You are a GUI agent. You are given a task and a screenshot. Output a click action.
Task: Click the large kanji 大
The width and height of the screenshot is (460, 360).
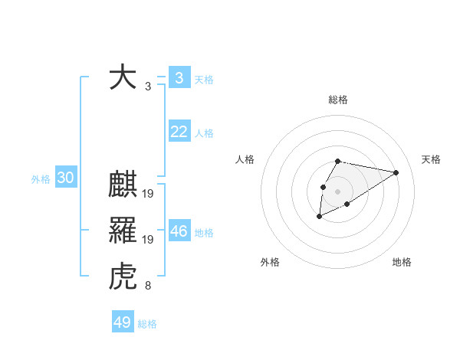(x=123, y=77)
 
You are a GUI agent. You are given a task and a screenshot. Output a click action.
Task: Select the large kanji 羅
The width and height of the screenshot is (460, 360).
(x=123, y=230)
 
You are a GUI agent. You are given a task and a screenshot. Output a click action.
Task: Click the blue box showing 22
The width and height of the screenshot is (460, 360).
(x=179, y=132)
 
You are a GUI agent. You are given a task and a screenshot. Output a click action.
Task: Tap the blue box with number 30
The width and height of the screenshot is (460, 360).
(x=65, y=178)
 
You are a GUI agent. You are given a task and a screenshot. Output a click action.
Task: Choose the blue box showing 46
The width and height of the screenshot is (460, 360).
(x=179, y=231)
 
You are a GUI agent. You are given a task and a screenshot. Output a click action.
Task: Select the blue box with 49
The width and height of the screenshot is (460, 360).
(x=123, y=322)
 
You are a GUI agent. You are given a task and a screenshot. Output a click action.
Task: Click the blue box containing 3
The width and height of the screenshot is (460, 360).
(x=179, y=77)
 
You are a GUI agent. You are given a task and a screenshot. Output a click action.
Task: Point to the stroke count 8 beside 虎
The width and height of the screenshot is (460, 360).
(x=148, y=286)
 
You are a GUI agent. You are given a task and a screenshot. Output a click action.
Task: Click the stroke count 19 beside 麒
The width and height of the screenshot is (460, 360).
(x=148, y=193)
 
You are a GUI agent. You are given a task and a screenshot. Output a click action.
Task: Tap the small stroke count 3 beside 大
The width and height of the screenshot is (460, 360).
(x=148, y=87)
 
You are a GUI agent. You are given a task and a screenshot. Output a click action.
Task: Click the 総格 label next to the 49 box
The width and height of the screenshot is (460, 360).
(x=148, y=324)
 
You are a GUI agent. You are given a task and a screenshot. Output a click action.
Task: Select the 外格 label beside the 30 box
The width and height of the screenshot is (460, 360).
(x=41, y=179)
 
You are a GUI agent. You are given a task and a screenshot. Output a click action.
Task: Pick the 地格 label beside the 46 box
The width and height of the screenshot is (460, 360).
(x=205, y=232)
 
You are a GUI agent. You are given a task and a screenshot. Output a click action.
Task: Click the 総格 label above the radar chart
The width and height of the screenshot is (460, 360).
(x=337, y=100)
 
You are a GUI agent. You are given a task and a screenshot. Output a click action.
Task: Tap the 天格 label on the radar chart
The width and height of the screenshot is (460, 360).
(x=432, y=159)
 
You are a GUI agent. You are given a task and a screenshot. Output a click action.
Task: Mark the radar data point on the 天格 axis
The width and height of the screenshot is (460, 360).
(x=396, y=172)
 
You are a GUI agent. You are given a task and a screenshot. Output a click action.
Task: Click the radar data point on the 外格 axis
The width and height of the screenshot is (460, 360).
(x=320, y=217)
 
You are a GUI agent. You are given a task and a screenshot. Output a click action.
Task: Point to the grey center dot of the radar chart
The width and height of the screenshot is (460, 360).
(x=337, y=191)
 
